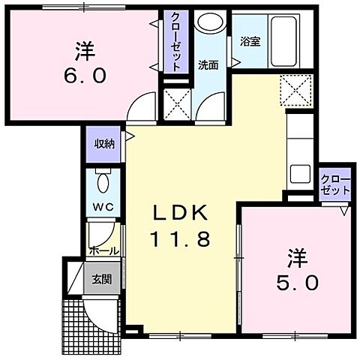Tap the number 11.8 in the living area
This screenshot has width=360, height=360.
(183, 240)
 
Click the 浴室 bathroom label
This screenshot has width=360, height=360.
(250, 41)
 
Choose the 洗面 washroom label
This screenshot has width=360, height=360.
(208, 65)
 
